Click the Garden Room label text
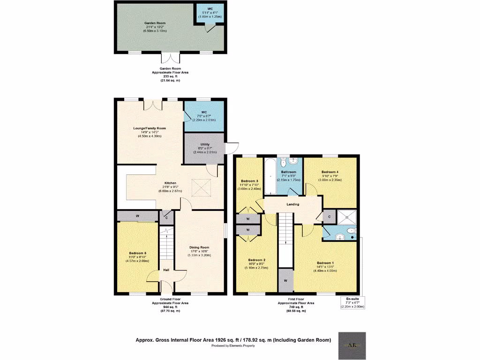click(155, 23)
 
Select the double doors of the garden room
click(171, 58)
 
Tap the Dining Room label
click(199, 247)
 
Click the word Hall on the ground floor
click(166, 270)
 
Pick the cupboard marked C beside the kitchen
click(166, 217)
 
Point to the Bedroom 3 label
click(250, 181)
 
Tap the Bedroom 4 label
click(330, 172)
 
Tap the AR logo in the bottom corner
click(352, 346)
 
